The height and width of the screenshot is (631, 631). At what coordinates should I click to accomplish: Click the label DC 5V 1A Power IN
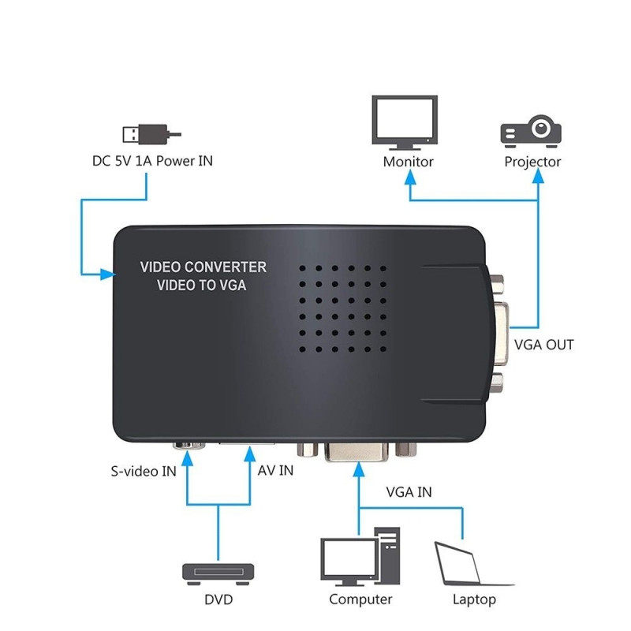click(152, 162)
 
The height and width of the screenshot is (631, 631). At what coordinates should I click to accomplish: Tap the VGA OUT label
click(543, 345)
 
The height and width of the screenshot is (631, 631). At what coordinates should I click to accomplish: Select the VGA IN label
click(409, 492)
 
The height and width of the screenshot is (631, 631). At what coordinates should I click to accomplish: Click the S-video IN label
click(142, 473)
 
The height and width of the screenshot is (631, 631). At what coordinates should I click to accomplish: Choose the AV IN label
click(275, 470)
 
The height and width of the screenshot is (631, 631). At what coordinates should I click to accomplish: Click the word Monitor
click(408, 162)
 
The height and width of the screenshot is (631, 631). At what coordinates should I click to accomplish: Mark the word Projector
click(532, 162)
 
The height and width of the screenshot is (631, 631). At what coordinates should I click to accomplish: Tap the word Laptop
click(474, 599)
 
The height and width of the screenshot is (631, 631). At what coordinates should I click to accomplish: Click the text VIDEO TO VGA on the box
click(202, 285)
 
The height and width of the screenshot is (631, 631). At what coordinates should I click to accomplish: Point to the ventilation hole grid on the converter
click(342, 309)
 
